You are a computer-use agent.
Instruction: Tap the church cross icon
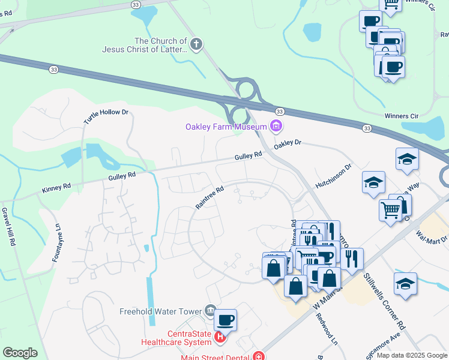click(196, 44)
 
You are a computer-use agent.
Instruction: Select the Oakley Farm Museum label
click(225, 127)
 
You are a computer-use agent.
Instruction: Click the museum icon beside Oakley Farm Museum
click(276, 126)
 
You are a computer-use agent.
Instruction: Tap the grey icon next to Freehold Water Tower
click(210, 310)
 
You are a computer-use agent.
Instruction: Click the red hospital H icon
click(220, 338)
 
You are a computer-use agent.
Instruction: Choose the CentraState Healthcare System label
click(176, 337)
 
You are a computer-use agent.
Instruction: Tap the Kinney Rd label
click(56, 187)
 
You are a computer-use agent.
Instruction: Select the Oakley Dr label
click(287, 145)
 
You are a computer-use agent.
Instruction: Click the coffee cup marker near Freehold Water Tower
click(225, 320)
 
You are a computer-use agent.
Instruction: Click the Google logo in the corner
click(20, 353)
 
